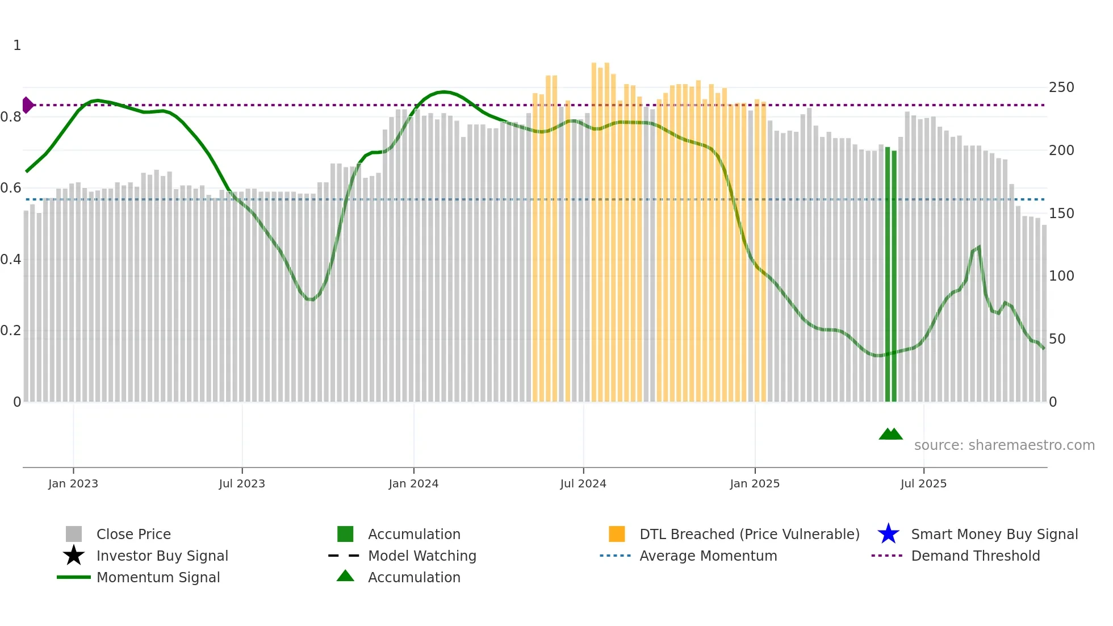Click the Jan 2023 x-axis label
[73, 484]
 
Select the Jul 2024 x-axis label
[583, 484]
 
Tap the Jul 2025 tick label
[923, 484]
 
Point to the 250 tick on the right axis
[1061, 87]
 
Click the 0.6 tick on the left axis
[11, 188]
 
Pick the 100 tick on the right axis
[1061, 276]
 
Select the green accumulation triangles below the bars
[890, 434]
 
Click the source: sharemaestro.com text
[1004, 445]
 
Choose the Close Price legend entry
[133, 535]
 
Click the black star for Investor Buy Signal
[74, 556]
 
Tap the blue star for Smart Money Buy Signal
[888, 534]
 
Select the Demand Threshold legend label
[975, 556]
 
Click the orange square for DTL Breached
[617, 534]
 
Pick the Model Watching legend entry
[422, 556]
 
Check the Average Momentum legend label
[708, 556]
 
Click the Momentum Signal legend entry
[158, 578]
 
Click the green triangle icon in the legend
[345, 576]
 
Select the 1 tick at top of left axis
[17, 45]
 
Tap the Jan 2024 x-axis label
[413, 484]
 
